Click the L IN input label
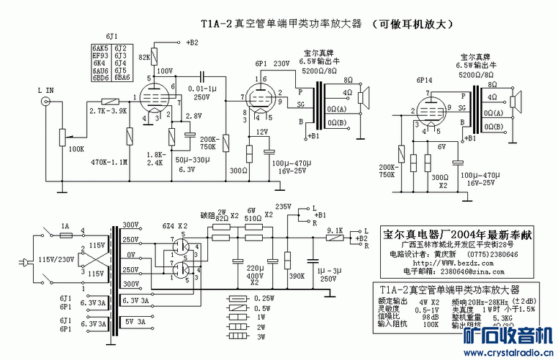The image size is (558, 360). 45,90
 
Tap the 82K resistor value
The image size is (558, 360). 144,55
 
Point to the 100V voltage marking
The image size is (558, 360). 166,71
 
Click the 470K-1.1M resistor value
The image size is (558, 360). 108,162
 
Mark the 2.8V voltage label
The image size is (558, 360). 193,115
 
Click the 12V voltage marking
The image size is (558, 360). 262,132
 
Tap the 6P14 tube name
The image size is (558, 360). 426,81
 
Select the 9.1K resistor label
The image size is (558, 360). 336,230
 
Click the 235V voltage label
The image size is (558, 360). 284,206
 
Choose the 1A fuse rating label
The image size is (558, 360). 65,225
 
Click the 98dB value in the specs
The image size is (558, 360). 431,318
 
